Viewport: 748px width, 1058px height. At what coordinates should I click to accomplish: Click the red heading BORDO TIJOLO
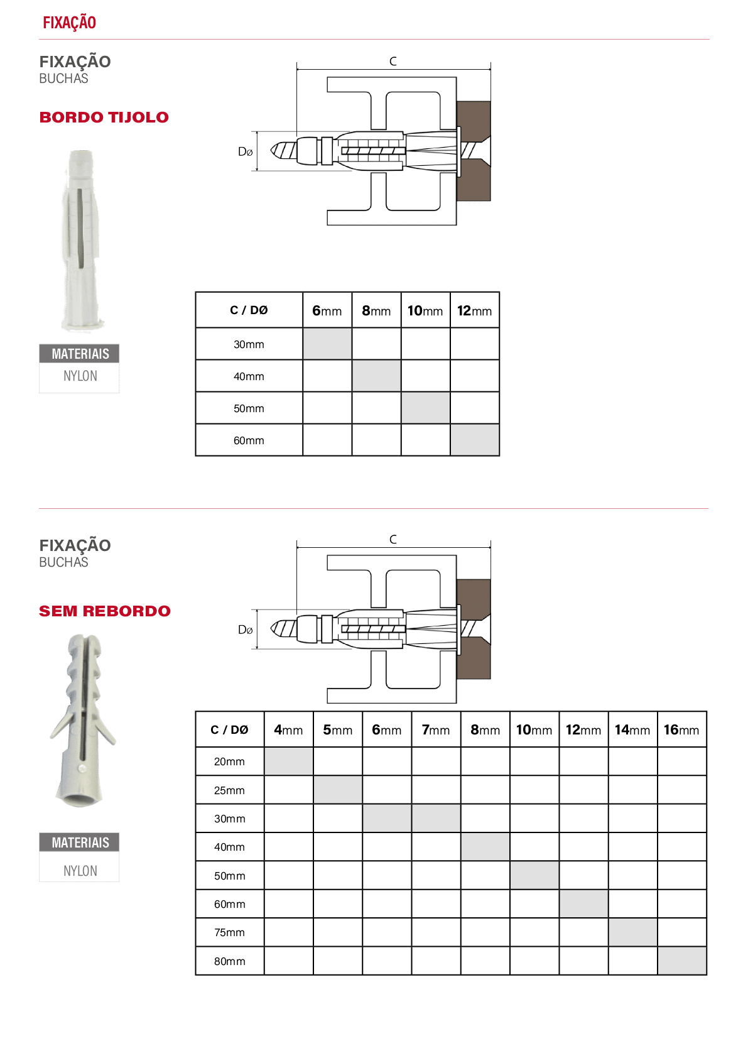104,117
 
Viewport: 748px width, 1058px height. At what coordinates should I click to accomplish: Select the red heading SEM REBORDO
105,611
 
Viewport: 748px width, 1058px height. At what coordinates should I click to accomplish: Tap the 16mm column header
681,730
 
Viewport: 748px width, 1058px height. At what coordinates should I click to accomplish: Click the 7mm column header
435,730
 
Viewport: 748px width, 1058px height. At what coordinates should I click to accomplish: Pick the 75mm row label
229,932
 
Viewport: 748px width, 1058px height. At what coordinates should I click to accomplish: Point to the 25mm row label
229,790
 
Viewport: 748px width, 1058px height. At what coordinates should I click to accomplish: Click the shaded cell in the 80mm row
682,961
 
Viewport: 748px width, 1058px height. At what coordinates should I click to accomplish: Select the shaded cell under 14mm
633,932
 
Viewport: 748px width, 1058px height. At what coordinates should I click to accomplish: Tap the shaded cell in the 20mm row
288,761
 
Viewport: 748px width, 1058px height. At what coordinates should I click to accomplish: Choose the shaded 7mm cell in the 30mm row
436,819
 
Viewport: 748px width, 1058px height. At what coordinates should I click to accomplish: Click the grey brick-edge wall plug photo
81,241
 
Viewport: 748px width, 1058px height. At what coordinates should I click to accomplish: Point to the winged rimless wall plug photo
82,721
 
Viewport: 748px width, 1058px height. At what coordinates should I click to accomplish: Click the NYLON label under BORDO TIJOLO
80,376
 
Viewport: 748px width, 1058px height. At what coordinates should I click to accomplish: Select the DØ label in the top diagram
245,151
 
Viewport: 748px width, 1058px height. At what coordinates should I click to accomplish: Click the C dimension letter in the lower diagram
393,540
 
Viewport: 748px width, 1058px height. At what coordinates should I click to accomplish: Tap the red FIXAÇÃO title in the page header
70,22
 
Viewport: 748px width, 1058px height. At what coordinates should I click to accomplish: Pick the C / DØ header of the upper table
249,310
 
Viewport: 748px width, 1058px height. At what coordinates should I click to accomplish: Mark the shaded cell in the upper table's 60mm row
475,440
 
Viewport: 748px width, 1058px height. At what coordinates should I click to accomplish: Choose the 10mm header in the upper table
425,311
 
